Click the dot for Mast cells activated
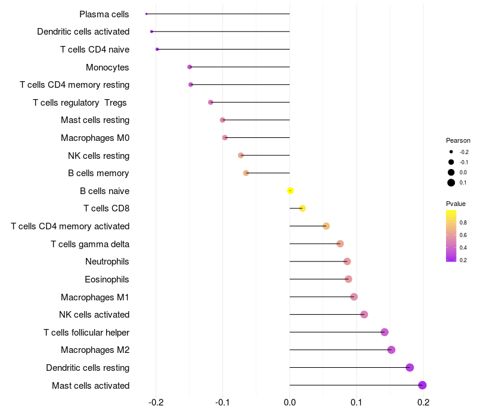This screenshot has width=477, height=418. pos(422,385)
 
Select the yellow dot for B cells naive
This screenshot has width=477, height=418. pos(290,190)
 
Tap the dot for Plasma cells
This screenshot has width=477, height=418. pos(146,14)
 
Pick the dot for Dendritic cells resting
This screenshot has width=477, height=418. pos(410,367)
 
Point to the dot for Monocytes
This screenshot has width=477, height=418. pos(190,67)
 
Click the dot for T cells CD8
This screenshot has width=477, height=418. pos(302,208)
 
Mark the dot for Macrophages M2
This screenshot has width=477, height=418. pos(391,350)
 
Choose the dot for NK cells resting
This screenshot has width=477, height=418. pos(241,155)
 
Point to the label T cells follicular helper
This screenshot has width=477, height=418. pos(86,333)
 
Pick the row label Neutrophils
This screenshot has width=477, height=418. pos(107,262)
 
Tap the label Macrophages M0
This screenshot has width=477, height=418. pos(95,138)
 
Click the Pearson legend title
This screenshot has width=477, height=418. pos(458,140)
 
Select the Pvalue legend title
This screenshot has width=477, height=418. pos(456,204)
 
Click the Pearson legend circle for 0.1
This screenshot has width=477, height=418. pos(451,182)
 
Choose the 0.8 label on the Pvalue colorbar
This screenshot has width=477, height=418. pos(463,223)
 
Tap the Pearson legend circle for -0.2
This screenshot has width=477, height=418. pos(451,152)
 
